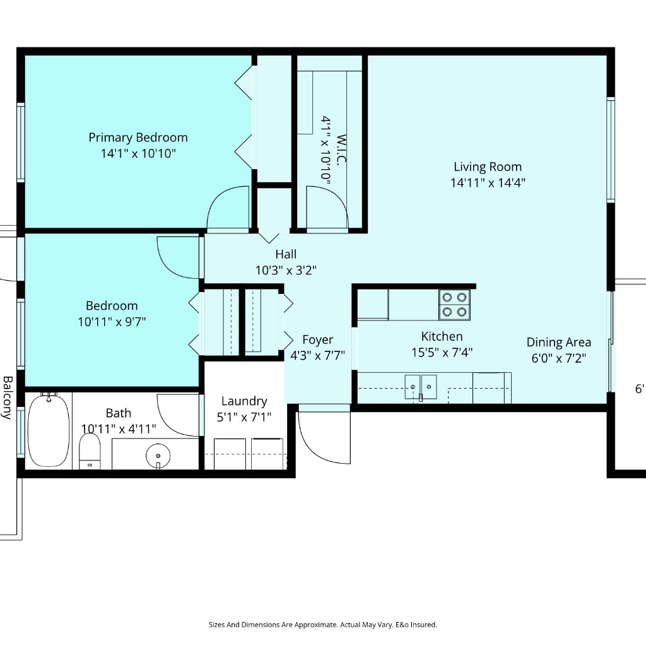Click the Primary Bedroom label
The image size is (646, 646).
coord(138,137)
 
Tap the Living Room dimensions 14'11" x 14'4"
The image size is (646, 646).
coord(488,182)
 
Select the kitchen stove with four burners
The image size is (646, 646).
coord(454,305)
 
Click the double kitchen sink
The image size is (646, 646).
coord(421,387)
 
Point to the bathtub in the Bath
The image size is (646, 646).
coord(49,430)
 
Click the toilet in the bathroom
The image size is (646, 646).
coord(90,451)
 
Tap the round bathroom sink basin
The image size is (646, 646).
coord(158,455)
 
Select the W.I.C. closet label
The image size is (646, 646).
coord(341,150)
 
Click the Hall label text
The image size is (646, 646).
coord(286,254)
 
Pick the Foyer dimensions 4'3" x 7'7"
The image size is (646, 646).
coord(318,355)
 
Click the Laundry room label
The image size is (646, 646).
coord(244,401)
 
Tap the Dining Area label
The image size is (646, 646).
coord(559,343)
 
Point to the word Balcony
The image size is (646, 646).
coord(8,397)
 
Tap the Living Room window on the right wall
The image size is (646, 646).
coord(611,150)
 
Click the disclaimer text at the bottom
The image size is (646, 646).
coord(322,625)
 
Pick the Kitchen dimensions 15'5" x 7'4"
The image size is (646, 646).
coord(442,353)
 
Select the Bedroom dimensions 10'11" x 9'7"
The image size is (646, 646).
coord(112,321)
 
